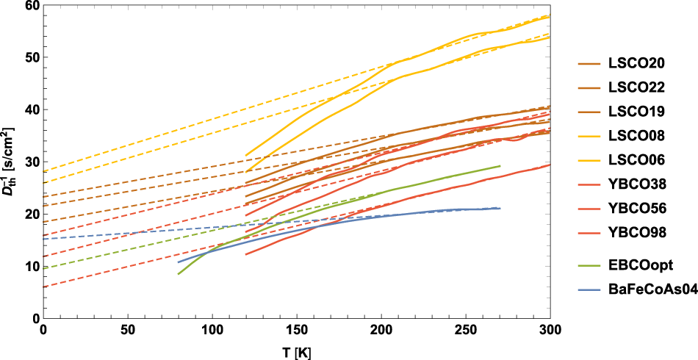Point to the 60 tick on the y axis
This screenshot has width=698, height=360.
point(32,5)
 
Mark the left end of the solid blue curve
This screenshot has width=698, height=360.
point(178,262)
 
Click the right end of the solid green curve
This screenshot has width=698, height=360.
point(500,166)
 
